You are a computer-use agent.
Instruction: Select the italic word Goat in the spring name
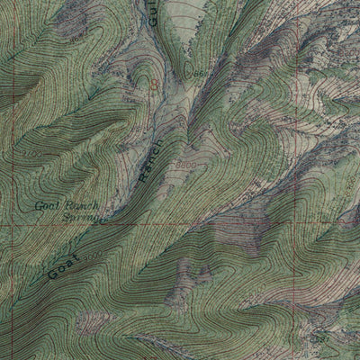click(x=46, y=206)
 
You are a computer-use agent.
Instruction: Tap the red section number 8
click(x=154, y=84)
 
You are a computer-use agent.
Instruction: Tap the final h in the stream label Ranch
click(x=161, y=143)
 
